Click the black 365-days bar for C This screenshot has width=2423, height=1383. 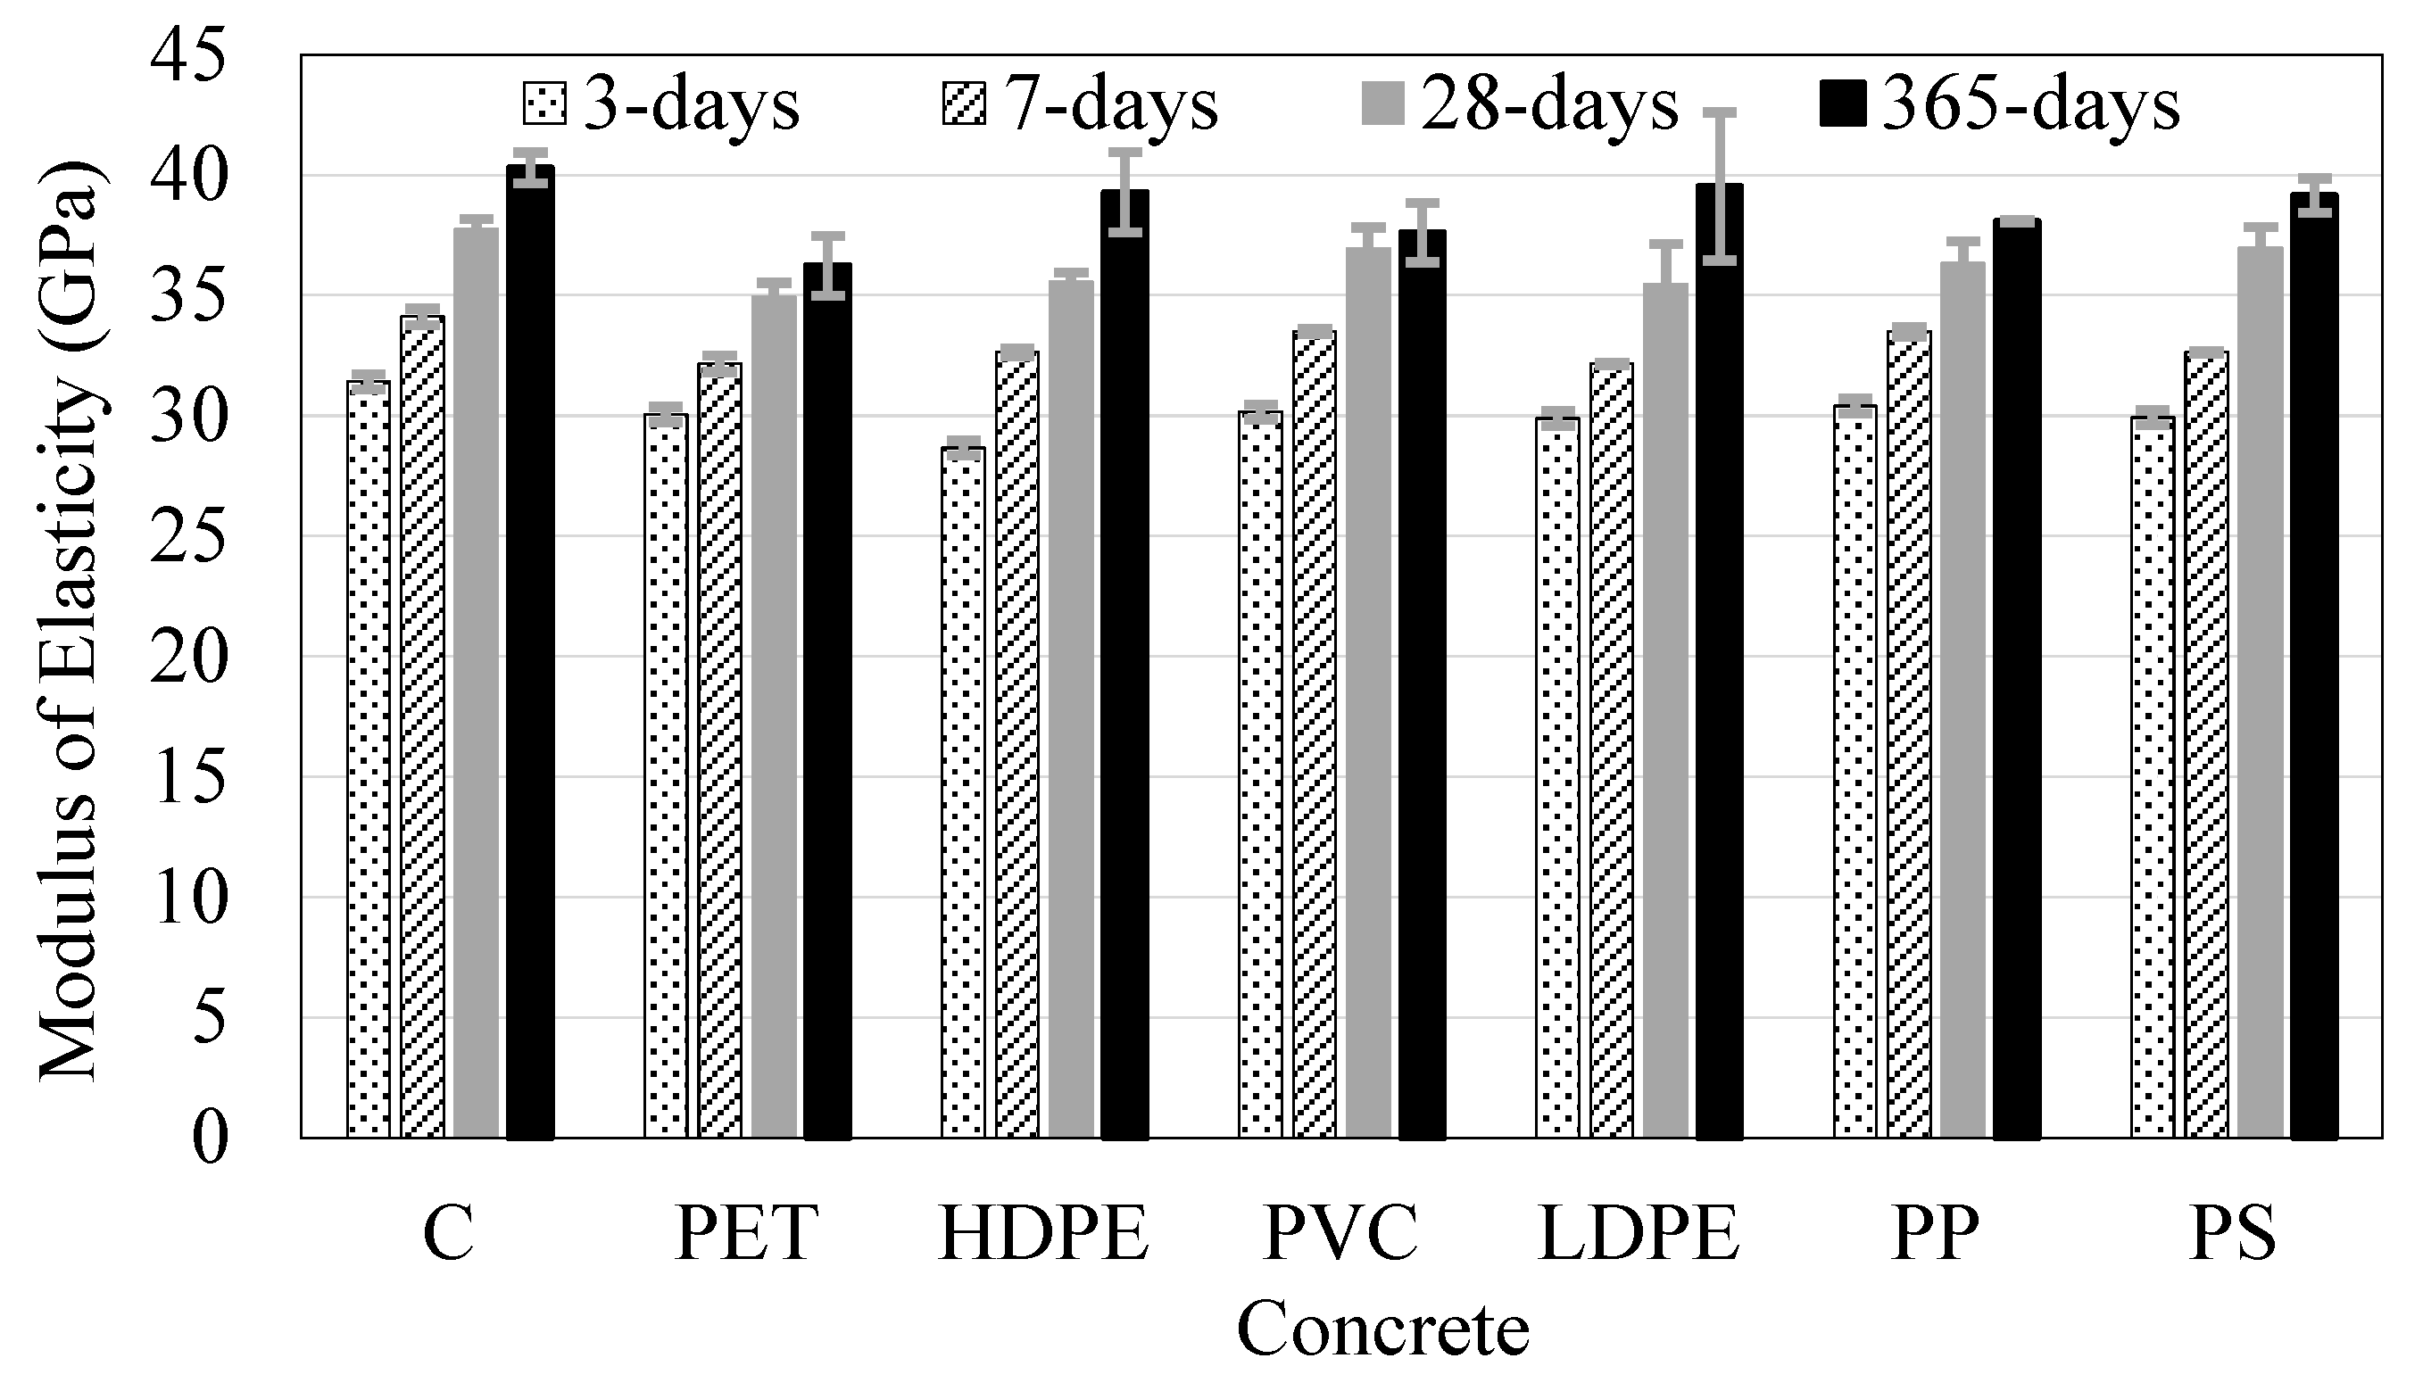click(530, 651)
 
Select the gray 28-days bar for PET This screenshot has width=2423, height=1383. click(774, 716)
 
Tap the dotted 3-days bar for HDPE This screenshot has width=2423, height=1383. click(963, 792)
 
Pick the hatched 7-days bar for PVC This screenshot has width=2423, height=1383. click(1315, 734)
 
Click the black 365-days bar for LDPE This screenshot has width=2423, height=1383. click(1719, 661)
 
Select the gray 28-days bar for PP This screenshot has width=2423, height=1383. click(1962, 700)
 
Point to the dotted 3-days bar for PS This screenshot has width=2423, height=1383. click(2153, 778)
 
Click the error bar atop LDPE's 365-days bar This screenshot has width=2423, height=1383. click(1719, 186)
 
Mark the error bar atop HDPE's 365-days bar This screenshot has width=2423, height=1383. click(1124, 192)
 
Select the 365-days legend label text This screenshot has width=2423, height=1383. click(2030, 104)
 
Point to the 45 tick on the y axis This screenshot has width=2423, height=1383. click(190, 55)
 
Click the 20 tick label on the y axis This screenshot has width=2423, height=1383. click(190, 658)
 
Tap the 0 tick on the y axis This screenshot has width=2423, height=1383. click(211, 1138)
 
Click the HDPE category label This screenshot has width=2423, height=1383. click(1045, 1234)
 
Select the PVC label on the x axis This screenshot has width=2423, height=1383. click(1341, 1234)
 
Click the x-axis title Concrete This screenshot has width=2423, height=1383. click(1383, 1329)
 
